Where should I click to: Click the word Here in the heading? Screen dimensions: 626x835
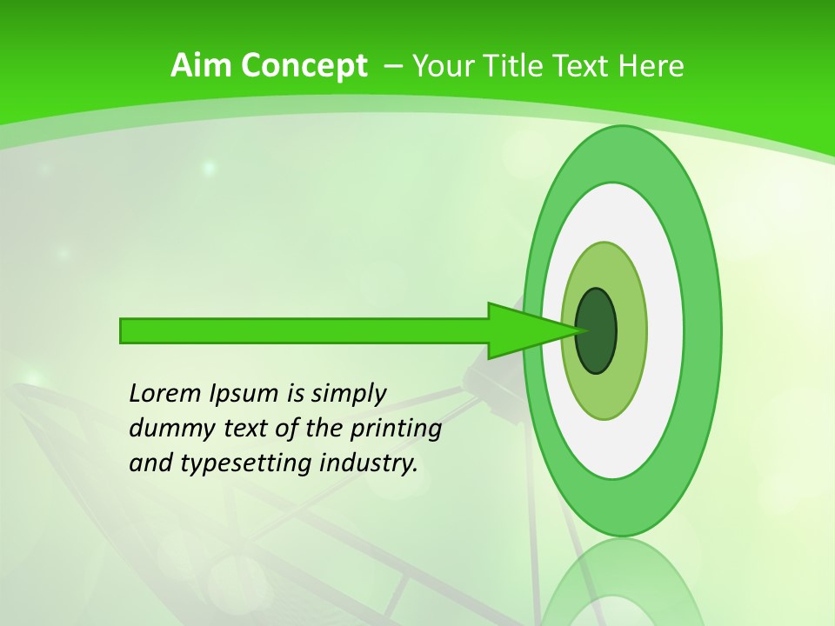[x=651, y=65]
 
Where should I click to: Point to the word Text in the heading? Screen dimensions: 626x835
[x=584, y=65]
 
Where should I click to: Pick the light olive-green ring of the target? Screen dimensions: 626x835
[x=605, y=396]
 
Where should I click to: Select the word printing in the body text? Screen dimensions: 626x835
[x=397, y=429]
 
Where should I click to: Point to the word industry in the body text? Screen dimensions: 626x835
[x=368, y=463]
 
